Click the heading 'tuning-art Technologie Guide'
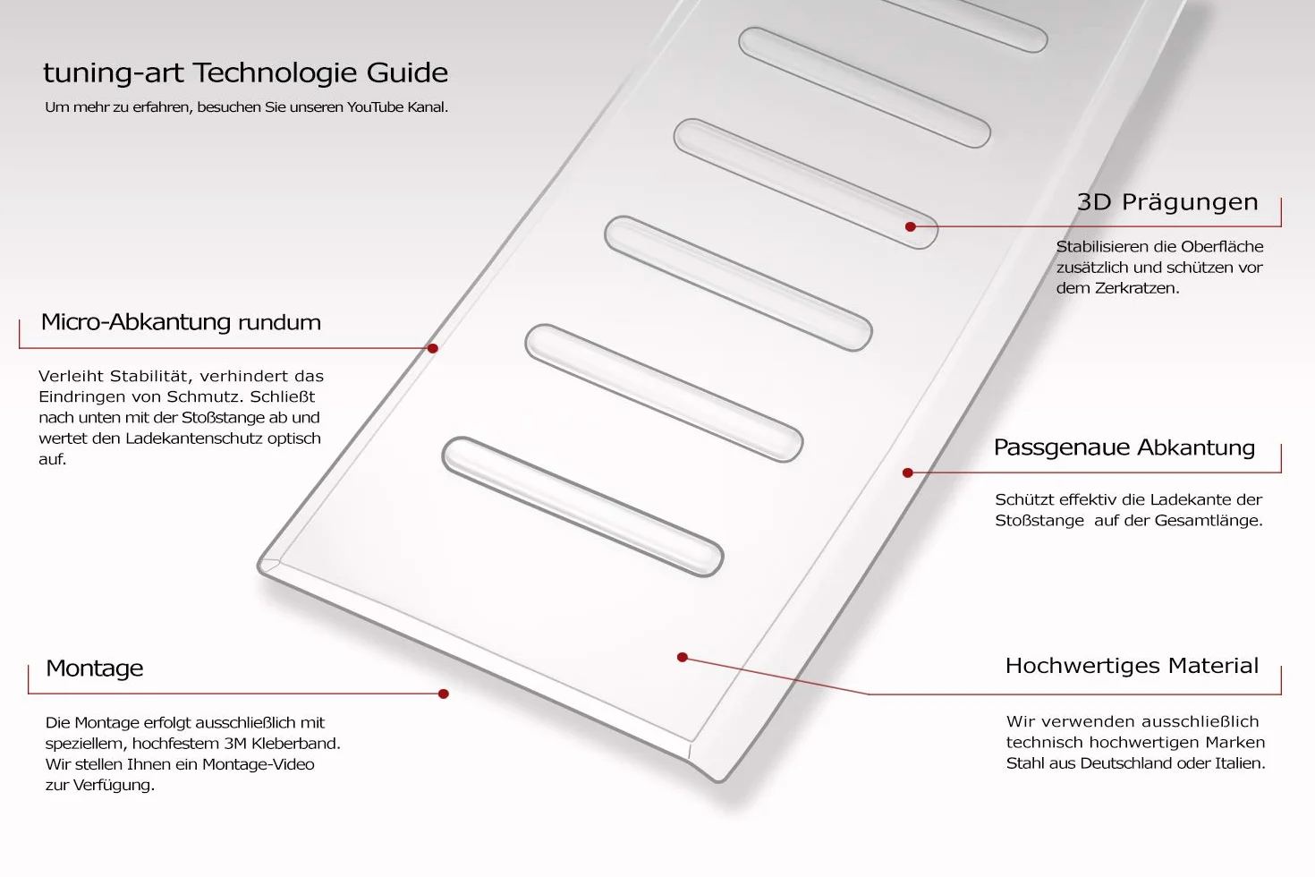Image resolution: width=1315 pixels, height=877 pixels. click(245, 73)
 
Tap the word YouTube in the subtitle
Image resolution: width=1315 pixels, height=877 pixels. click(375, 106)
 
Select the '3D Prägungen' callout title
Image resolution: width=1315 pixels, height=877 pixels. click(1167, 202)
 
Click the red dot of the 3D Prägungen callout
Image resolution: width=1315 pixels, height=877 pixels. click(911, 226)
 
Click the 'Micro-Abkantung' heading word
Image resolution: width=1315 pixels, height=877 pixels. click(136, 322)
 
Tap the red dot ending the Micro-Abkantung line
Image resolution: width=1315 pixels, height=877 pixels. click(433, 348)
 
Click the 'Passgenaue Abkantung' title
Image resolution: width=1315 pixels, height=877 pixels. click(1124, 448)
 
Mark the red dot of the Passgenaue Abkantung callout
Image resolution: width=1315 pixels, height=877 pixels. click(908, 473)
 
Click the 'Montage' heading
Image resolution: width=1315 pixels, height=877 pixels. click(95, 668)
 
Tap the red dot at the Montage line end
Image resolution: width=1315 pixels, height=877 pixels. click(444, 694)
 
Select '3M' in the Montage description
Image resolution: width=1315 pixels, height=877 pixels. click(234, 744)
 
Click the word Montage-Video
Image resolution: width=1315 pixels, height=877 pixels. click(259, 764)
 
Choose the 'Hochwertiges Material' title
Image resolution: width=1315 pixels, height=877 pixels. click(1132, 666)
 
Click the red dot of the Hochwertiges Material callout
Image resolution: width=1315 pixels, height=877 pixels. click(683, 658)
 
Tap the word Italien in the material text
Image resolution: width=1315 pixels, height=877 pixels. click(1239, 763)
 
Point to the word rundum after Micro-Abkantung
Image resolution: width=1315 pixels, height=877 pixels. click(279, 322)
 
